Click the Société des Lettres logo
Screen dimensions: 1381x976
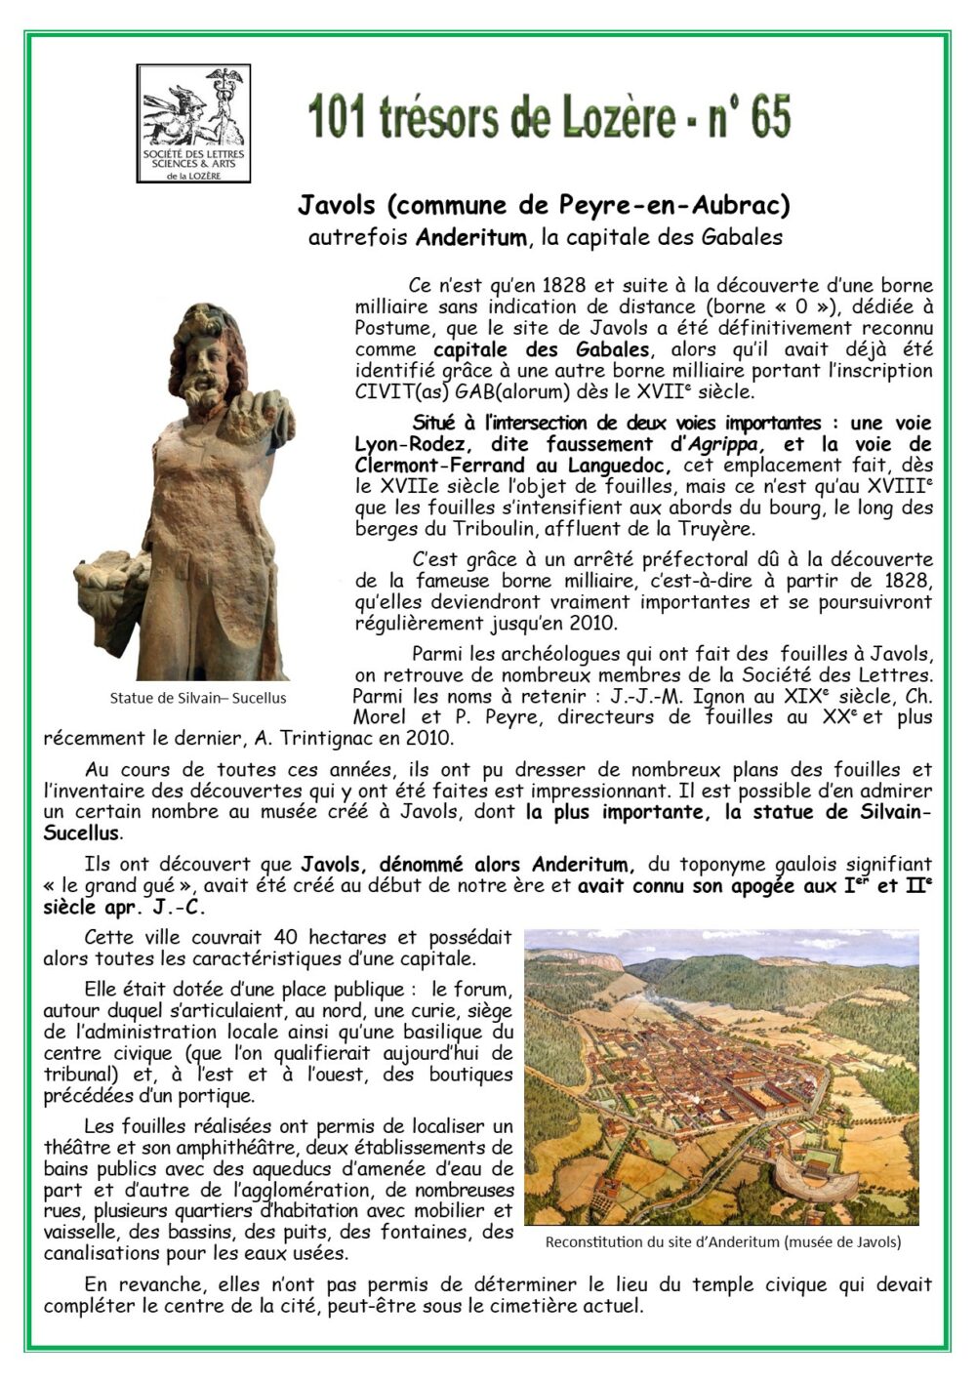tap(193, 123)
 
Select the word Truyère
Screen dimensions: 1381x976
tap(718, 529)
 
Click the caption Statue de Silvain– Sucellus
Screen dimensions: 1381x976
tap(198, 698)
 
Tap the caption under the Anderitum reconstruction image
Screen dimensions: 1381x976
tap(722, 1242)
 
